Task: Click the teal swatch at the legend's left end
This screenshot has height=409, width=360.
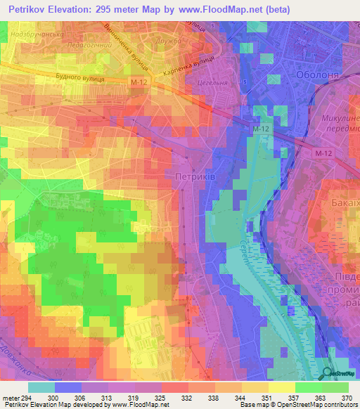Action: click(41, 387)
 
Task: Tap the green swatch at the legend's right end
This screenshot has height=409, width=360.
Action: click(335, 387)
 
